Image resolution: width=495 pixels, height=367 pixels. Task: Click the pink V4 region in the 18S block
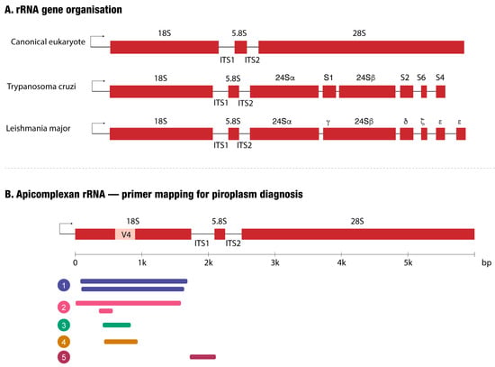tap(125, 234)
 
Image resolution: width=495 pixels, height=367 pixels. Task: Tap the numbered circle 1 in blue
tap(64, 285)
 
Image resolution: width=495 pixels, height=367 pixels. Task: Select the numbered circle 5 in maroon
tap(64, 357)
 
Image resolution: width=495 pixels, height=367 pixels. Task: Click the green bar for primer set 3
tap(116, 325)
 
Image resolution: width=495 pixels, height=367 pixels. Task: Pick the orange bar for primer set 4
tap(121, 342)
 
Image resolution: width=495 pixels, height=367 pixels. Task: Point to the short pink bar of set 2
tap(106, 311)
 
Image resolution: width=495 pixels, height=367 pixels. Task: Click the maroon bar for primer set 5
tap(203, 357)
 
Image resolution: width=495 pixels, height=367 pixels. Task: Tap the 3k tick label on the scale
tap(275, 263)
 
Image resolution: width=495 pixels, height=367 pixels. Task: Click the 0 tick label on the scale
tap(75, 263)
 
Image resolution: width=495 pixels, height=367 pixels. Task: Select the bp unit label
tap(487, 263)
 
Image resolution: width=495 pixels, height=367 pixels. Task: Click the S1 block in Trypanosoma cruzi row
tap(329, 91)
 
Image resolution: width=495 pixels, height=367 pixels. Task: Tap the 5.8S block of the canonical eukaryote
tap(240, 47)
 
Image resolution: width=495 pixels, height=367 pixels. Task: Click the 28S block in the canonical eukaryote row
tap(361, 47)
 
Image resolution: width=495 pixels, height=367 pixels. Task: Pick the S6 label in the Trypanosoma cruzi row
tap(421, 78)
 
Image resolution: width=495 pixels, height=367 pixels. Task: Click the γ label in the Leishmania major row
tap(328, 122)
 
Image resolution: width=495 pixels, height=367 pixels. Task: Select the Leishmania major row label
tap(38, 128)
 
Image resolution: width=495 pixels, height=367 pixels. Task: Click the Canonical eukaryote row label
tap(48, 41)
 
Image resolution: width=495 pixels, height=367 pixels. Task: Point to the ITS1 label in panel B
tap(202, 243)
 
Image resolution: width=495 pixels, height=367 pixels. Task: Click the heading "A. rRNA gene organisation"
tap(64, 10)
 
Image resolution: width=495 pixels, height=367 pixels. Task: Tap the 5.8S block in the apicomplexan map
tap(220, 234)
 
